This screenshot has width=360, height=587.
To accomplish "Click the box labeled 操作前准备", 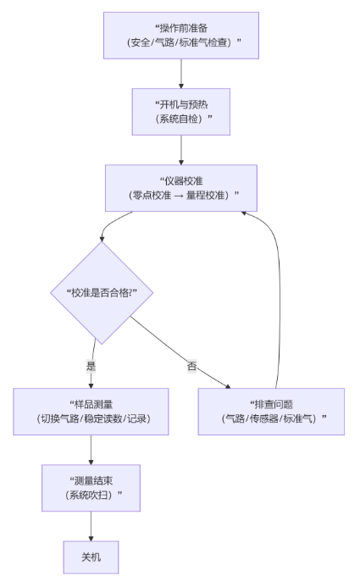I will point(180,36).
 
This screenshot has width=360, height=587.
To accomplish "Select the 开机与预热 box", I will point(182,111).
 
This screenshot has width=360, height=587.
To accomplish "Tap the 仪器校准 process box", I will point(182,188).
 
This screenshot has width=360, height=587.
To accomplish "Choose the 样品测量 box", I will point(91,411).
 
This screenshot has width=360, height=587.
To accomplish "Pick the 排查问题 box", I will point(272,411).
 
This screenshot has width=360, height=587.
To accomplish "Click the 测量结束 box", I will point(91,487).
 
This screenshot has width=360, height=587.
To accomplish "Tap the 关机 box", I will point(91,557).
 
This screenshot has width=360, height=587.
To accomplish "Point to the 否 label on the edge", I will point(191,367).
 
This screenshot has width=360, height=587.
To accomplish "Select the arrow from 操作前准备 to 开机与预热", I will point(181,74).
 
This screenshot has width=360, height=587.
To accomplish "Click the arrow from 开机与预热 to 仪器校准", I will point(181,150).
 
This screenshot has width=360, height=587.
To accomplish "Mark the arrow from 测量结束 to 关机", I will point(91,526).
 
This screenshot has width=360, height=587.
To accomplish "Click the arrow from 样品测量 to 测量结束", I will point(91,450).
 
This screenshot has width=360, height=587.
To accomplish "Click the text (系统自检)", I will point(182,119).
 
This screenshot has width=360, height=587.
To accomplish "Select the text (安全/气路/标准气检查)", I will point(180,43).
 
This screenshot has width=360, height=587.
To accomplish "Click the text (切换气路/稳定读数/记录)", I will point(91,418).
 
